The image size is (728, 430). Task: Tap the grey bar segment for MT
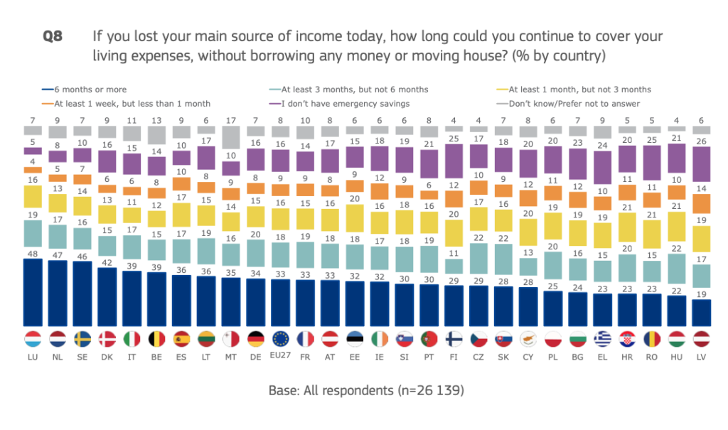click(x=230, y=138)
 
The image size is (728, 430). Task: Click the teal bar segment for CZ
click(x=478, y=264)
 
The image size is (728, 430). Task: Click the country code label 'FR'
click(x=305, y=357)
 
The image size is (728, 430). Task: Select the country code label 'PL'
click(x=552, y=357)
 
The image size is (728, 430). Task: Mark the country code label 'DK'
click(x=107, y=357)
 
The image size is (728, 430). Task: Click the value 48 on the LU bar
click(x=32, y=254)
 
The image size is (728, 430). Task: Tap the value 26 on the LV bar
click(x=702, y=140)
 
